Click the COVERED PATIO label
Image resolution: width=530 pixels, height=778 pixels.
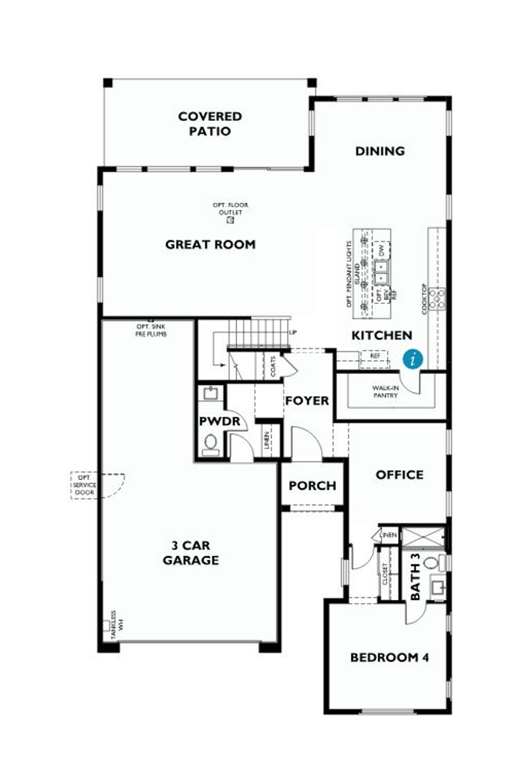click(210, 124)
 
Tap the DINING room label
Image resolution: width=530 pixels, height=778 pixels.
click(380, 151)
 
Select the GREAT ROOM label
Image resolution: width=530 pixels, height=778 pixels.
click(210, 244)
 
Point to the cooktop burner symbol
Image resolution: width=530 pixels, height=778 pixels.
click(437, 298)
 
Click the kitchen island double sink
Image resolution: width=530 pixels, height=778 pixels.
click(382, 272)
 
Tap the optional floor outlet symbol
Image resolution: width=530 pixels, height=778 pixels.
click(231, 221)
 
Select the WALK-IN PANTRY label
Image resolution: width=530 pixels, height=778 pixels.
click(385, 392)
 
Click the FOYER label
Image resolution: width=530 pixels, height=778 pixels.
click(307, 400)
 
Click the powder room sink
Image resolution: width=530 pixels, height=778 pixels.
click(211, 393)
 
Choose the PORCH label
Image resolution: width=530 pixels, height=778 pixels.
click(312, 485)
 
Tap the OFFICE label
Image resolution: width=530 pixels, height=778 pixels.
click(399, 475)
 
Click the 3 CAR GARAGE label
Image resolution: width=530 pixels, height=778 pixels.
click(190, 553)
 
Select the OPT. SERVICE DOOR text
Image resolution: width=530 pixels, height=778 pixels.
click(84, 485)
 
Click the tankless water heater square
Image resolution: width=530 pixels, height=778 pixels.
click(106, 625)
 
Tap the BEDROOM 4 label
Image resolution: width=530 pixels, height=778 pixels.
click(390, 657)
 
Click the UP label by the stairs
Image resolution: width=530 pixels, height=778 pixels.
click(293, 332)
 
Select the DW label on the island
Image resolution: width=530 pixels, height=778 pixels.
click(382, 250)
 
